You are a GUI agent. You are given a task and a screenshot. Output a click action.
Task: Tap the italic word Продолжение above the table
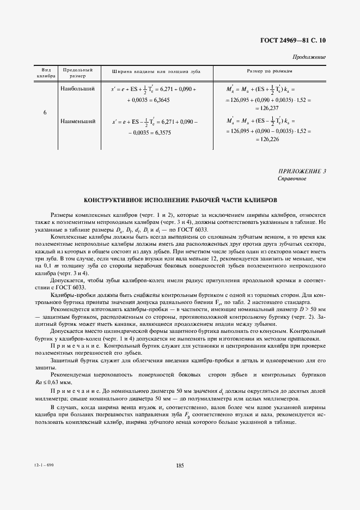point(309,57)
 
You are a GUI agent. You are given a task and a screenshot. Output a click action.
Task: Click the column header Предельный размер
point(78,74)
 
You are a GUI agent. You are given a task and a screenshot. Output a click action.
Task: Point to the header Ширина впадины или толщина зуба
point(156,71)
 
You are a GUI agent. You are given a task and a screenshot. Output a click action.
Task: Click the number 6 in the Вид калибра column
point(44,112)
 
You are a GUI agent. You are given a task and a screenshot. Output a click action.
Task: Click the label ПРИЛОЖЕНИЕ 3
point(302,172)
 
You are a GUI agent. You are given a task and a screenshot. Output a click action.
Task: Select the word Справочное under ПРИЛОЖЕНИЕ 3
point(292,179)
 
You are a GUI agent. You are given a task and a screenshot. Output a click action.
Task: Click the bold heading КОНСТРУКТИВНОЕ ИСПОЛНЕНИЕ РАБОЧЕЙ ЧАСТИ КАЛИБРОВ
point(180,201)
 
